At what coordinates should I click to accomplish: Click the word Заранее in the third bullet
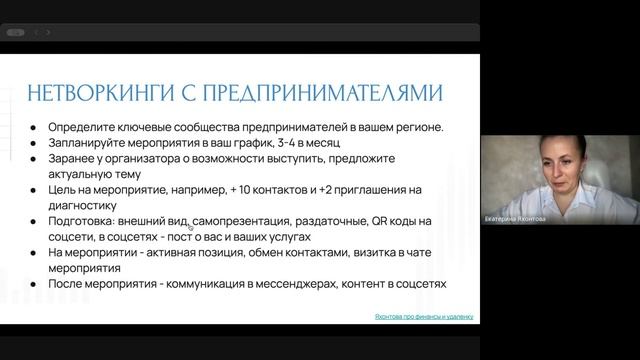tap(72, 158)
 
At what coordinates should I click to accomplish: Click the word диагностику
tap(81, 205)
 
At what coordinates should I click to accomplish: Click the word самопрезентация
tap(245, 221)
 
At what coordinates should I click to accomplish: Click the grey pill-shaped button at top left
tap(15, 32)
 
